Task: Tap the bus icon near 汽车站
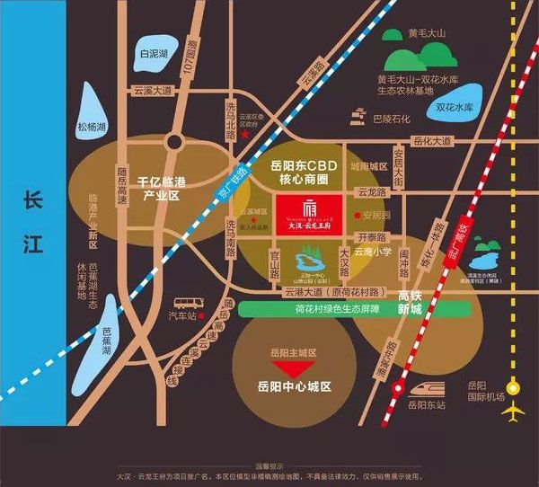click(x=186, y=303)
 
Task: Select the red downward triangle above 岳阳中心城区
click(x=289, y=369)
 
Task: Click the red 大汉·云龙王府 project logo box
click(x=309, y=215)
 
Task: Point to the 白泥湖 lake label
click(x=155, y=54)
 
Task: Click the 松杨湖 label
click(x=92, y=127)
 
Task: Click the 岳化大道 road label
click(x=432, y=141)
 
